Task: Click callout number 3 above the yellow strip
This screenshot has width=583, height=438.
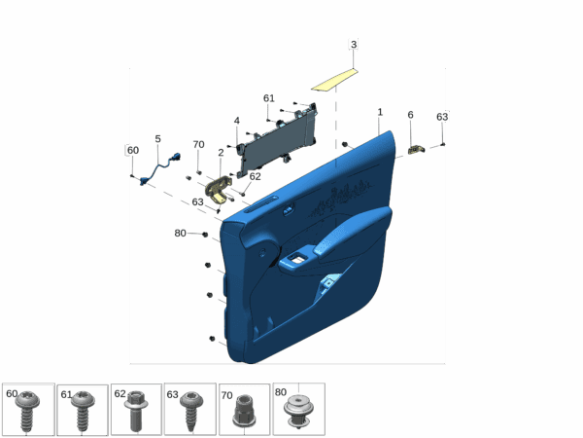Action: coord(354,45)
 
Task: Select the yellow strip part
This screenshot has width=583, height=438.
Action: coord(334,80)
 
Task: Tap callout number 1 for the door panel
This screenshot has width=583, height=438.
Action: coord(380,112)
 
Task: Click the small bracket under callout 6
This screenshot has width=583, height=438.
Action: coord(416,150)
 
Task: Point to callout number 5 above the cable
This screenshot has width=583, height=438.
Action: coord(157,139)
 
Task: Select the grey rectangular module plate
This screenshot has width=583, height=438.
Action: coord(278,139)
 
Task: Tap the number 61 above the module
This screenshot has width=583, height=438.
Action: coord(269,98)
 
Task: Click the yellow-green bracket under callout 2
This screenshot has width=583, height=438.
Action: coord(219,189)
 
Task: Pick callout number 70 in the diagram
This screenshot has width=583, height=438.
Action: coord(198,144)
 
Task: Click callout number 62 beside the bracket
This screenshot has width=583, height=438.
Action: coord(255,176)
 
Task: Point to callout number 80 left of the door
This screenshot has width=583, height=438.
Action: coord(180,234)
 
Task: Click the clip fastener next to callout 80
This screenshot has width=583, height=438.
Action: coord(205,235)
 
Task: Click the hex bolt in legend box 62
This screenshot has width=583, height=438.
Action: coord(136,411)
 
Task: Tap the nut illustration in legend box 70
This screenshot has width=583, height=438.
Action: coord(244,411)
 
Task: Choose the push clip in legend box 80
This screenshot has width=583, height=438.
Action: coord(298,411)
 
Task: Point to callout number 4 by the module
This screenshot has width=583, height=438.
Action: coord(236,121)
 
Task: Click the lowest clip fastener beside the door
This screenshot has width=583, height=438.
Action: coord(212,339)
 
